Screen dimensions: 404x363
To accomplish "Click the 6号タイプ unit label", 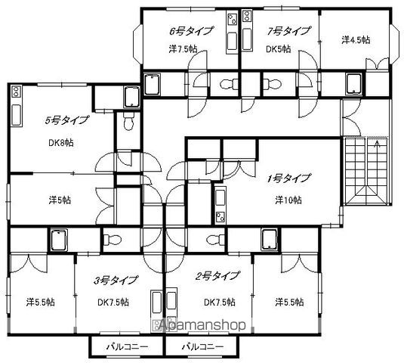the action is (x=191, y=31).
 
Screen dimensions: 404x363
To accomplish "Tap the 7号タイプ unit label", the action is (x=288, y=31).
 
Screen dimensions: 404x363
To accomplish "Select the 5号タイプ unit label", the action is (x=66, y=120).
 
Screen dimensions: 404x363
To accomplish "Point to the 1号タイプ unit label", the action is (x=288, y=178).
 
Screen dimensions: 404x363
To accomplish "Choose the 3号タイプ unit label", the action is (x=116, y=280).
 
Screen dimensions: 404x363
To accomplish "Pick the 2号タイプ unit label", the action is (x=217, y=276).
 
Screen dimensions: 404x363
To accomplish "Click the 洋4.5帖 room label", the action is (x=356, y=40).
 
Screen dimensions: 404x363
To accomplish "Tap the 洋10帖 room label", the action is (x=288, y=200).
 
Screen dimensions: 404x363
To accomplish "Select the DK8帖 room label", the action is (x=61, y=142).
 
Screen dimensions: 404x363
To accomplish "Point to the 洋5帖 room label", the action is (x=60, y=200).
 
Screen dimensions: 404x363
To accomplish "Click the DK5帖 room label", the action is (x=278, y=48).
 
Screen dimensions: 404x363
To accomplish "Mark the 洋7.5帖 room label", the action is (x=183, y=48).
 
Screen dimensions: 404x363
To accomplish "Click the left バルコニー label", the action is (x=128, y=347).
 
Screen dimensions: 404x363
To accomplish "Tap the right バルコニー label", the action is (x=203, y=347).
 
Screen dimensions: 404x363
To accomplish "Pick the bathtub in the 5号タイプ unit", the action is (x=131, y=97).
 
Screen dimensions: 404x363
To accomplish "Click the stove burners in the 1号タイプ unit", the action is (x=220, y=217).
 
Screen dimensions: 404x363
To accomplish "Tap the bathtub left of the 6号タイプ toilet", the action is (x=152, y=85).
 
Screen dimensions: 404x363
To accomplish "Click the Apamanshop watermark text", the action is (x=202, y=325).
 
